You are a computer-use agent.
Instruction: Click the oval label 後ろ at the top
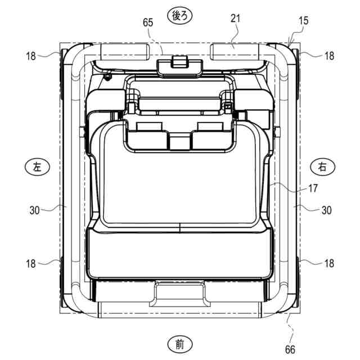pyautogui.click(x=180, y=16)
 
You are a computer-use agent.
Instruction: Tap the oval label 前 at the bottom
pyautogui.click(x=180, y=344)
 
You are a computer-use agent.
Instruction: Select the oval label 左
pyautogui.click(x=37, y=166)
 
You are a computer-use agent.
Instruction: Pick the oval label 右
pyautogui.click(x=322, y=166)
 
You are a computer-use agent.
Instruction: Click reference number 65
pyautogui.click(x=148, y=22)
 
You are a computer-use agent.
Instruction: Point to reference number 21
pyautogui.click(x=235, y=19)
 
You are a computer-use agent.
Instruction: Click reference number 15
pyautogui.click(x=303, y=21)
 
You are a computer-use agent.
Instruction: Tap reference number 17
pyautogui.click(x=313, y=188)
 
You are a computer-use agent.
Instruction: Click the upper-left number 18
pyautogui.click(x=31, y=56)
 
